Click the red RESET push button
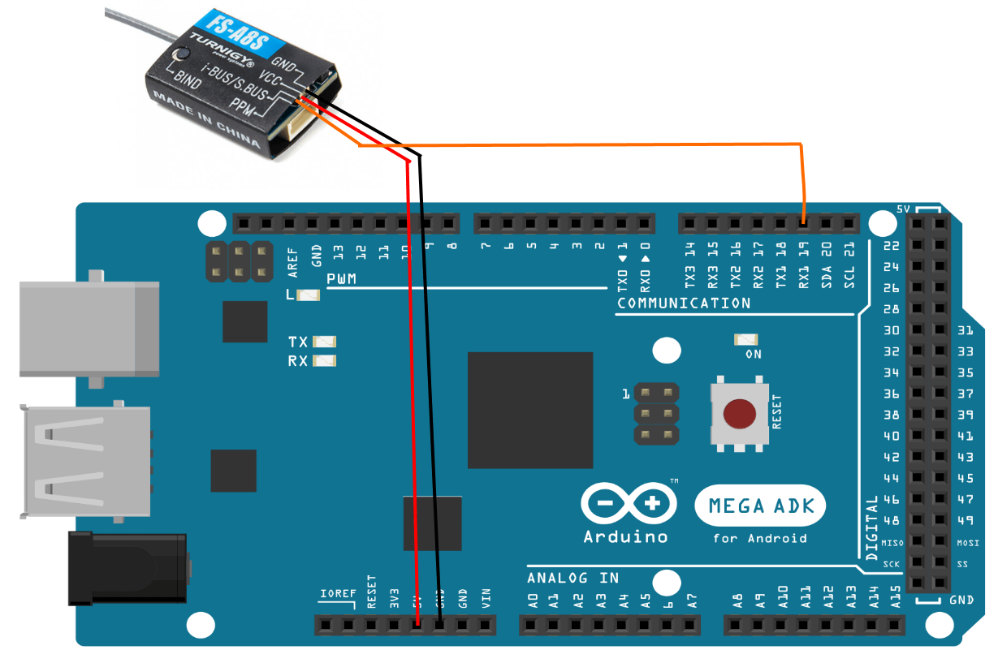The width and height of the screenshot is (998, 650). pyautogui.click(x=739, y=413)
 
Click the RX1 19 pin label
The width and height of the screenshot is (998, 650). pyautogui.click(x=803, y=265)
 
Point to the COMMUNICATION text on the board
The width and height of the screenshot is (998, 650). pyautogui.click(x=684, y=303)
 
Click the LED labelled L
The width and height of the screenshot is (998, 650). pyautogui.click(x=309, y=295)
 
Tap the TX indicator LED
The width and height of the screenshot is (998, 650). pyautogui.click(x=324, y=342)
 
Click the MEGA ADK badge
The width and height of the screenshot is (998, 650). pyautogui.click(x=759, y=506)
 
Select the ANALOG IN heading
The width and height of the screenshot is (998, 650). pyautogui.click(x=572, y=578)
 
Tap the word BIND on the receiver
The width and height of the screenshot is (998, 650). pyautogui.click(x=188, y=80)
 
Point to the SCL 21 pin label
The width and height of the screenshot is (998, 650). pyautogui.click(x=849, y=266)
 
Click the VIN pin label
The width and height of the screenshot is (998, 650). pyautogui.click(x=486, y=599)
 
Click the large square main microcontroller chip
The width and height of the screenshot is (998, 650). pyautogui.click(x=529, y=410)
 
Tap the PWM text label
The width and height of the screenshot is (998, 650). pyautogui.click(x=342, y=280)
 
